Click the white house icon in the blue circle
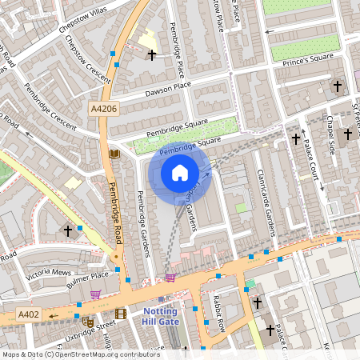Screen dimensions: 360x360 (x=180, y=173)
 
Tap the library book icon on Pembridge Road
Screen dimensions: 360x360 (x=114, y=154)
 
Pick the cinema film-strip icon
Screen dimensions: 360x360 (x=120, y=314)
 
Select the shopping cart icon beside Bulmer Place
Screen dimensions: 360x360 (x=96, y=294)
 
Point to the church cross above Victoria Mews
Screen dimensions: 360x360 (x=68, y=230)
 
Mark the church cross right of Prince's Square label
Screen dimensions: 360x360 (x=338, y=86)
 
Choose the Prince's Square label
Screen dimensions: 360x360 (x=310, y=58)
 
